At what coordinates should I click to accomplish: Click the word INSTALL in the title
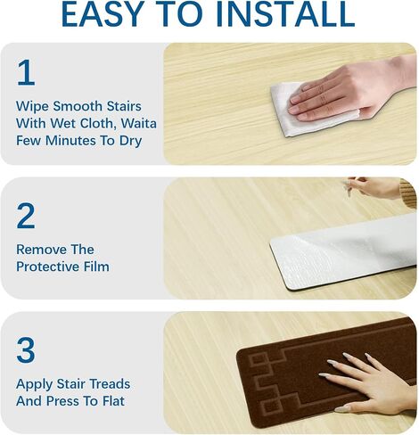[x=286, y=14]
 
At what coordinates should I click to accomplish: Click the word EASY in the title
[x=103, y=14]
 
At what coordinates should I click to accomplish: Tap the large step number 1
[x=26, y=72]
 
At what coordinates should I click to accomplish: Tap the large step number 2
[x=26, y=216]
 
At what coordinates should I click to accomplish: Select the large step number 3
[x=26, y=349]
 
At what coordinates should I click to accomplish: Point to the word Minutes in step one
[x=70, y=140]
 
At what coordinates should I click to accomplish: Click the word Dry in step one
[x=130, y=141]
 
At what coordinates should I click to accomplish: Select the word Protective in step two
[x=48, y=267]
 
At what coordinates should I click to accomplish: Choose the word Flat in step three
[x=113, y=401]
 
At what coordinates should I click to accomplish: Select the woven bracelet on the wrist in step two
[x=408, y=193]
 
